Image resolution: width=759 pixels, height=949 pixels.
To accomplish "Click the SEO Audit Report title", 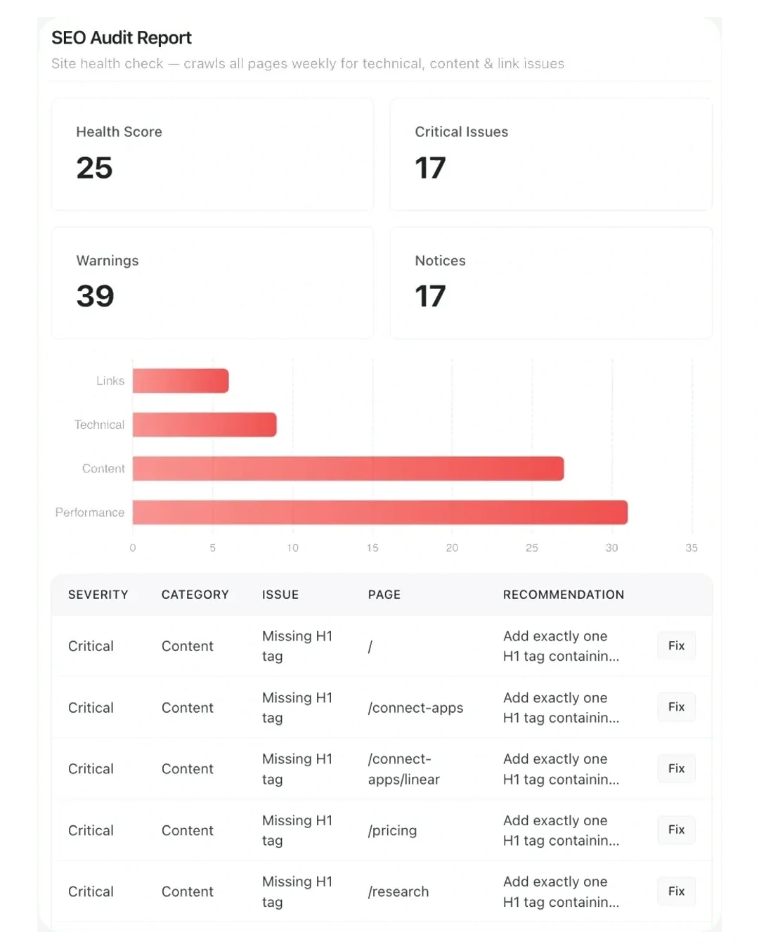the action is [122, 38].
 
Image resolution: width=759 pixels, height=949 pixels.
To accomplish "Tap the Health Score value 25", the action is [94, 167].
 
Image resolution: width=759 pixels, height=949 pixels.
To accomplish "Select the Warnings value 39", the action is [96, 296].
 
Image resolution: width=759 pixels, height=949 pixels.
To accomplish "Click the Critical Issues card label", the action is [461, 132].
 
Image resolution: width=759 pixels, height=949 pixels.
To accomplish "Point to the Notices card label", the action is [440, 261].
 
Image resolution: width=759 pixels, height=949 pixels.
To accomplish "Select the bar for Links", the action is [181, 380].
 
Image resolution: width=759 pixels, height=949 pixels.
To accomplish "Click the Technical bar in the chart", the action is [205, 424].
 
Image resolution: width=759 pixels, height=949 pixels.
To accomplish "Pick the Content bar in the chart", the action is [348, 468].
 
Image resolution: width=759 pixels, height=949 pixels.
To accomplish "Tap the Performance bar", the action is [380, 512].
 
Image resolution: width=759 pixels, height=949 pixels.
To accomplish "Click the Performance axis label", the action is [90, 512].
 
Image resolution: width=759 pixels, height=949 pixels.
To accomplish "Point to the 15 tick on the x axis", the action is [372, 548].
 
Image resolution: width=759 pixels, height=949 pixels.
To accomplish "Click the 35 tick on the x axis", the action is [691, 548].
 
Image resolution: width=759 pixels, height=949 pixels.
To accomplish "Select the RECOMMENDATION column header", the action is [563, 595].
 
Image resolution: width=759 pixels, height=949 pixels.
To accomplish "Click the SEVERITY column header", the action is [98, 595].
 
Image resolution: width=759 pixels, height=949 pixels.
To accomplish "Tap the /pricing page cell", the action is [392, 831].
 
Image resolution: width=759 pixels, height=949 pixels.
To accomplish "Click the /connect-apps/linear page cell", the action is [403, 769].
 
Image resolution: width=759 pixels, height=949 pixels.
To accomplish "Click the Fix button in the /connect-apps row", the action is [676, 707].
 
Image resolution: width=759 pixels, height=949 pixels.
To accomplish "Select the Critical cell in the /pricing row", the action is [91, 830].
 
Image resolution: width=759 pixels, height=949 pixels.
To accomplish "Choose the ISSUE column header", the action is [280, 595].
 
